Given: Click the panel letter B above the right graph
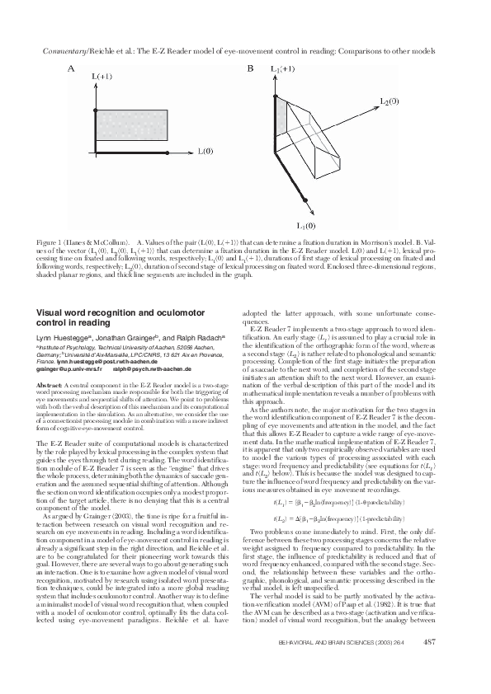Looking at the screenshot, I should [252, 69].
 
